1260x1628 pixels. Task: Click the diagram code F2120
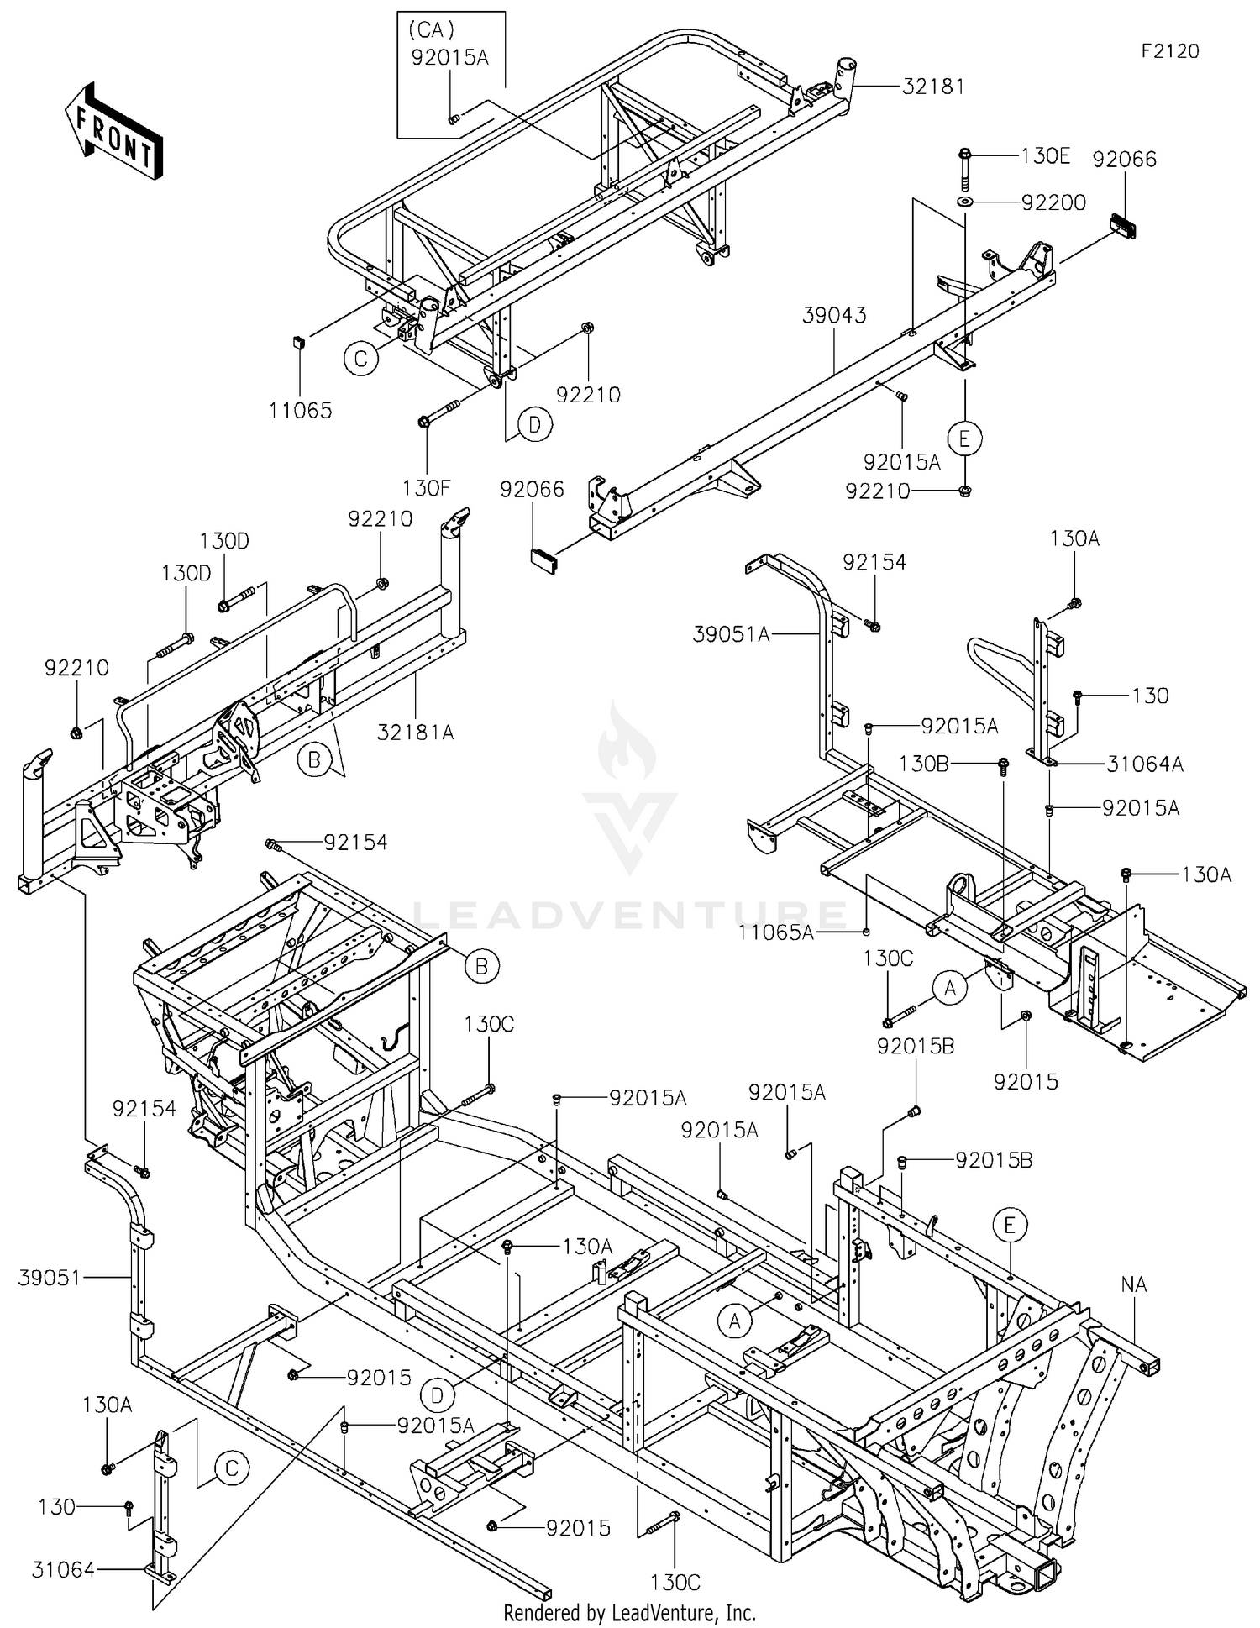pos(1169,51)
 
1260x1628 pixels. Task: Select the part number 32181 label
pos(933,87)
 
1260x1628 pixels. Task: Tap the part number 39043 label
pos(834,315)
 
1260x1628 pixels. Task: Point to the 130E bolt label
pos(1045,155)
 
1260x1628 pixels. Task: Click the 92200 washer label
pos(1053,202)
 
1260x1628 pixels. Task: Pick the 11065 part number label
pos(300,411)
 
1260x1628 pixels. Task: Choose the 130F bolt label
pos(426,487)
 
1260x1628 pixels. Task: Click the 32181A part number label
pos(415,733)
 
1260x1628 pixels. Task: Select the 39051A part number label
pos(731,635)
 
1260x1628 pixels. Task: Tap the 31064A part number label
pos(1144,764)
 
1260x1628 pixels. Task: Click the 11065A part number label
pos(776,932)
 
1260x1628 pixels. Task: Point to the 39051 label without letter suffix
pos(50,1278)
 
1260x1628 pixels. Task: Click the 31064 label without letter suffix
pos(64,1568)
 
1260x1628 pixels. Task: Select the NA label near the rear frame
pos(1133,1284)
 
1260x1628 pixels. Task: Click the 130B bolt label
pos(924,764)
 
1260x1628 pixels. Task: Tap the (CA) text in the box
pos(431,31)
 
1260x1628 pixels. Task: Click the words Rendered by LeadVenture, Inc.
pos(629,1612)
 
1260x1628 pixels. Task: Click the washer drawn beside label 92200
pos(965,202)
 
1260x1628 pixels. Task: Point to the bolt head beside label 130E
pos(964,155)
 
